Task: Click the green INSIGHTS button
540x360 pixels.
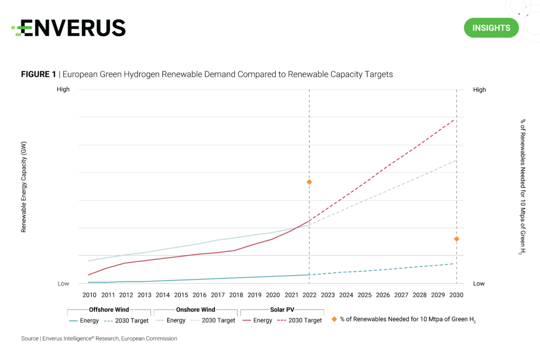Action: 491,27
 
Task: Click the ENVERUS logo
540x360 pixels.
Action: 69,27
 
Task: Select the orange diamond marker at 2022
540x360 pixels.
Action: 309,182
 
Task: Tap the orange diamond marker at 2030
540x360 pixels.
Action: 456,239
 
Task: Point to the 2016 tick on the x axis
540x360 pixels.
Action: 199,295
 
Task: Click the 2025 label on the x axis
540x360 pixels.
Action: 364,295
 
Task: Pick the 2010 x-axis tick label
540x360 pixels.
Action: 89,295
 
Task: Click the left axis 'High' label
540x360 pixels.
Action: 63,90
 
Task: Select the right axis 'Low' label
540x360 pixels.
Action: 479,284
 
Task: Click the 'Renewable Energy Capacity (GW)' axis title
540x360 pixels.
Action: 24,187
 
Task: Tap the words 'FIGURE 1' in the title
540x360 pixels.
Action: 38,74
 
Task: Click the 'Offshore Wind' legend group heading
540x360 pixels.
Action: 109,309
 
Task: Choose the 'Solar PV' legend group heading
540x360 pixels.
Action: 282,309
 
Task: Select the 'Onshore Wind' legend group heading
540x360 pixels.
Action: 195,309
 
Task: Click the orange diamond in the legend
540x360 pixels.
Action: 334,319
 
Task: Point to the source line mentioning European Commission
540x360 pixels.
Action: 99,338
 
